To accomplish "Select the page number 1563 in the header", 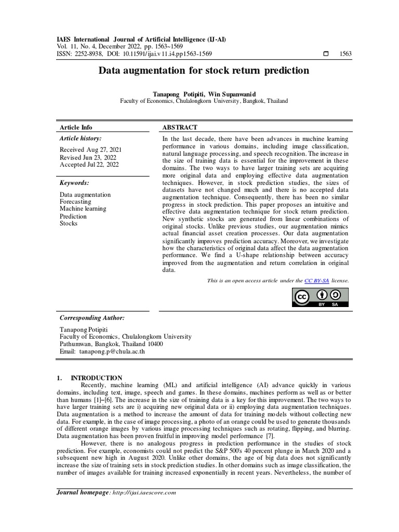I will pyautogui.click(x=345, y=54).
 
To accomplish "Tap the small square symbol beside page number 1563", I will pyautogui.click(x=326, y=54).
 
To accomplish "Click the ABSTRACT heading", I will pyautogui.click(x=180, y=127).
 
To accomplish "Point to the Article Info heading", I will pyautogui.click(x=76, y=127).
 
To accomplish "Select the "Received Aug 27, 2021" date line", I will pyautogui.click(x=91, y=150).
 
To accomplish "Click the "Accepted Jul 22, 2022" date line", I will pyautogui.click(x=89, y=165).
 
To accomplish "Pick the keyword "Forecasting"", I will pyautogui.click(x=75, y=202).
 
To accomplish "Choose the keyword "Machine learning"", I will pyautogui.click(x=83, y=209).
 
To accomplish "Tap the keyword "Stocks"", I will pyautogui.click(x=69, y=223).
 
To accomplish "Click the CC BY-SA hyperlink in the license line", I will pyautogui.click(x=317, y=281).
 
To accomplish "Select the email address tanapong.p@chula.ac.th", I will pyautogui.click(x=112, y=352).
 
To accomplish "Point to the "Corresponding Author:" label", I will pyautogui.click(x=92, y=317).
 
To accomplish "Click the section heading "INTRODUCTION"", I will pyautogui.click(x=96, y=378).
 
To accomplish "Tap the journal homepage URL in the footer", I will pyautogui.click(x=144, y=493).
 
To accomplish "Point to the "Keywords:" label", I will pyautogui.click(x=74, y=183).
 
